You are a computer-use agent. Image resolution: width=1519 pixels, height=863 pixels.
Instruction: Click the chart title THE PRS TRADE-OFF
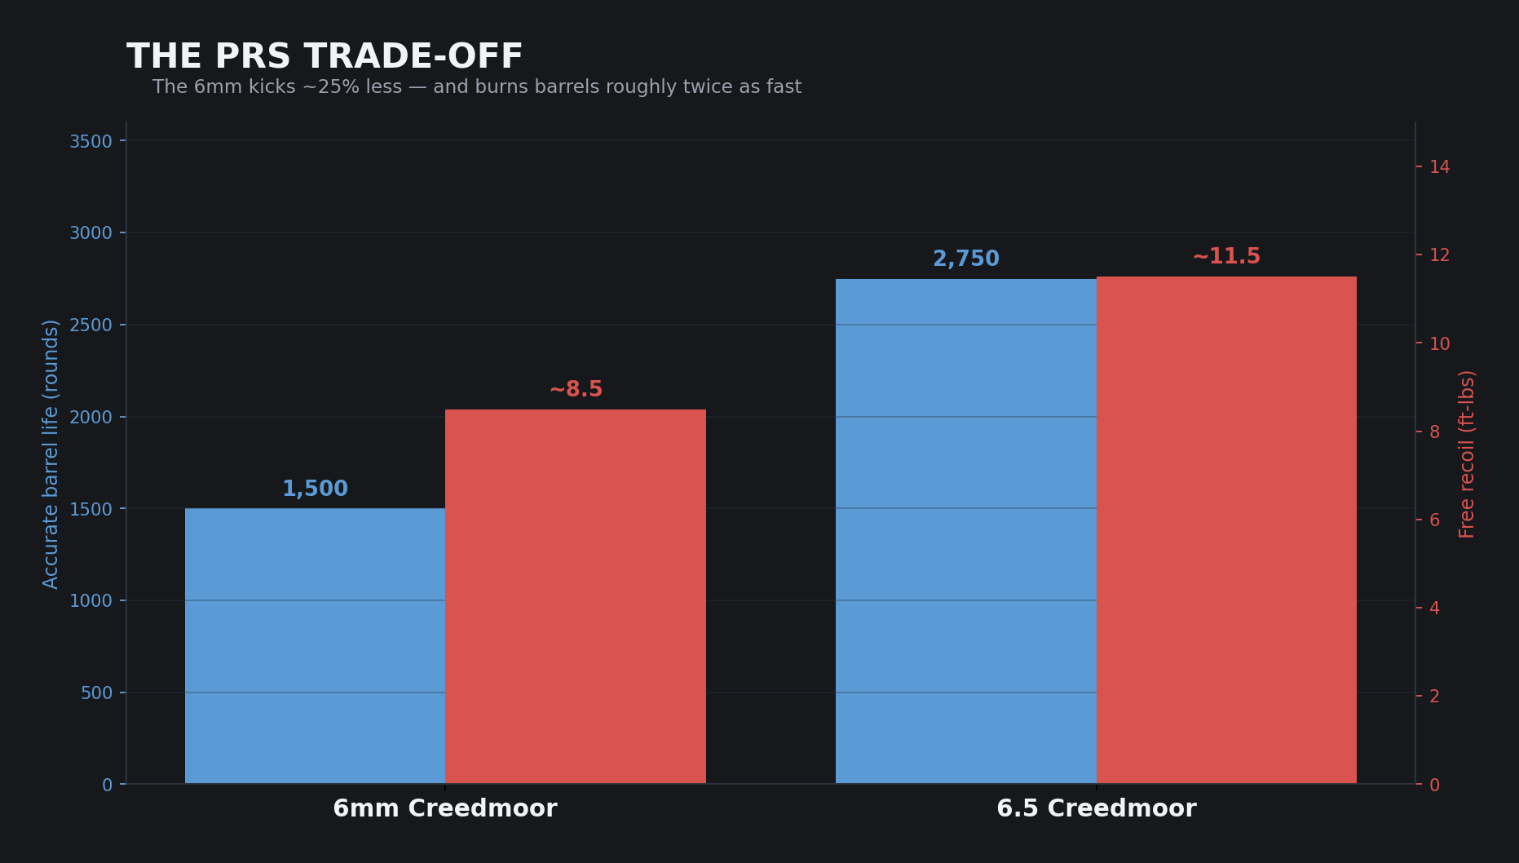325,57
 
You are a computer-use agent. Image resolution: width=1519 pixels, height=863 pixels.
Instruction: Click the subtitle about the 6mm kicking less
477,87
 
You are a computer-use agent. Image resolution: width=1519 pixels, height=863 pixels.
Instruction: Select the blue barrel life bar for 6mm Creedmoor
315,646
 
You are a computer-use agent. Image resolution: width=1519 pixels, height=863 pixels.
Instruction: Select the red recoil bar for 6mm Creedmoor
576,596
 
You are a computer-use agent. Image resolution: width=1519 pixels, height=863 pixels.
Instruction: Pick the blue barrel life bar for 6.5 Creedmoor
966,531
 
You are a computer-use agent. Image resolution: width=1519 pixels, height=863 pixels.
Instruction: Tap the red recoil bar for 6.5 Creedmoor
1226,530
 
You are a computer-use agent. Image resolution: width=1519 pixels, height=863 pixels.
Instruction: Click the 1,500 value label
315,489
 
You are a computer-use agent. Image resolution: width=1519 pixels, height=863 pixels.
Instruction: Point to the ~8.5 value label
576,390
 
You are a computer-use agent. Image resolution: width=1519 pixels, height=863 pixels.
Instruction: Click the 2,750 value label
966,259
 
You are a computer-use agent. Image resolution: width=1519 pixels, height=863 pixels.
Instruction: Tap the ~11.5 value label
1226,257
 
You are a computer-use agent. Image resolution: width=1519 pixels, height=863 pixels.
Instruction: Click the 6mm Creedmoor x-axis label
445,809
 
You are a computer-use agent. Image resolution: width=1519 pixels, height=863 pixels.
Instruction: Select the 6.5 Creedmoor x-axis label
1097,809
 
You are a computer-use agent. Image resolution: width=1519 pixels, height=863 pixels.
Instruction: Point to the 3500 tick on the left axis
91,141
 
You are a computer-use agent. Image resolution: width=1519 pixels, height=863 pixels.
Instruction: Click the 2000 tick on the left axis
91,417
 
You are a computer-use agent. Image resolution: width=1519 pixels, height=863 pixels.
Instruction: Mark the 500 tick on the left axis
96,693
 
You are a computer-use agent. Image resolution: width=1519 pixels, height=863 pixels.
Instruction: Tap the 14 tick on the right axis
1440,166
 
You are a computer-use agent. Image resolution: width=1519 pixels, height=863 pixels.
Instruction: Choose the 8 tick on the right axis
1434,431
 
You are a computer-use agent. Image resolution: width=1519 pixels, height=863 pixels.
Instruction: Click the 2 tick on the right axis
1434,696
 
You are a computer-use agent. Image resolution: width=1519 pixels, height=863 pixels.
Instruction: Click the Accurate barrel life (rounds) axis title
51,454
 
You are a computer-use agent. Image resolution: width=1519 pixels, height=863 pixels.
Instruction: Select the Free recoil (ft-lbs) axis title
1468,454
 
